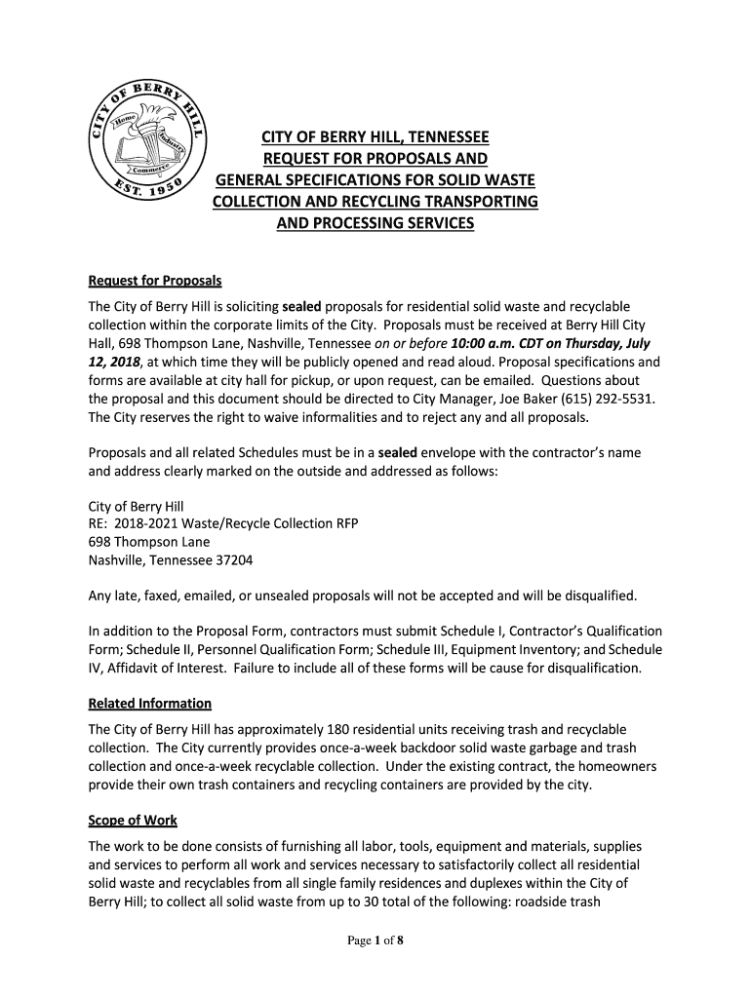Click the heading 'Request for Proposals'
[155, 282]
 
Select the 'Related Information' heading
[149, 704]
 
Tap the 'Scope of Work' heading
[133, 821]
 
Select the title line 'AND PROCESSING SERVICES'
[375, 223]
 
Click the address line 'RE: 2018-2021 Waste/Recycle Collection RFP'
[223, 524]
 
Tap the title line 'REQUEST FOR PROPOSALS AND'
[375, 159]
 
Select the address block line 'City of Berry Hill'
[136, 507]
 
